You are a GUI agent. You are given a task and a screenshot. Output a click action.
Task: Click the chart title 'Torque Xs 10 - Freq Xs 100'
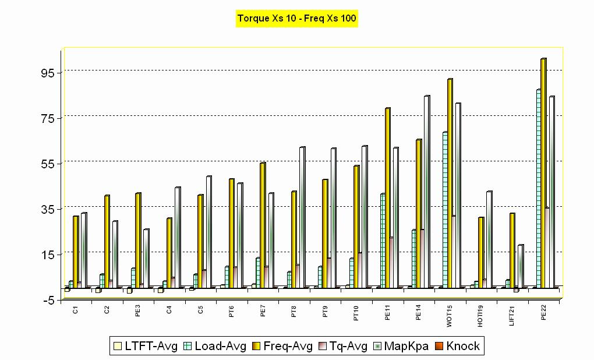click(x=297, y=18)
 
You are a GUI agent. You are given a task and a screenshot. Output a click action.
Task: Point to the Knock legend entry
click(x=461, y=347)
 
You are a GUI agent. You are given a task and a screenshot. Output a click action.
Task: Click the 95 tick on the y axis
click(x=46, y=73)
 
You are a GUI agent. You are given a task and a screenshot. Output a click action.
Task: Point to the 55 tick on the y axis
click(x=46, y=164)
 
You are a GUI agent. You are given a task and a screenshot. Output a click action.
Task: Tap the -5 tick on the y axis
click(x=47, y=300)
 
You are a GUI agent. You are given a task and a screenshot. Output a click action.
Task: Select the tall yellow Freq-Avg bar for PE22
click(x=543, y=175)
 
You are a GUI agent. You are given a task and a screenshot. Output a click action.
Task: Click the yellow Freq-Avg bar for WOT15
click(x=450, y=183)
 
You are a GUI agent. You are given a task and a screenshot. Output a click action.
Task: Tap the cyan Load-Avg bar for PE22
click(x=538, y=189)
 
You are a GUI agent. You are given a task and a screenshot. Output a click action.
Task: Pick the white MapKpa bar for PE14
click(x=427, y=192)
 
